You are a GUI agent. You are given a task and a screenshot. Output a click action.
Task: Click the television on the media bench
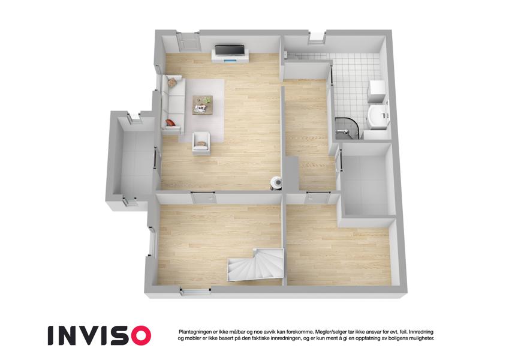[x=230, y=50]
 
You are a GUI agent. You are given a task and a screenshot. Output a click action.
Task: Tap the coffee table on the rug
[x=203, y=104]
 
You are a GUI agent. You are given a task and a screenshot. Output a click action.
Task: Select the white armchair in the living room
[x=201, y=143]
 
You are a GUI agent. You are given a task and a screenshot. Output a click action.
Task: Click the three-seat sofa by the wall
[x=173, y=104]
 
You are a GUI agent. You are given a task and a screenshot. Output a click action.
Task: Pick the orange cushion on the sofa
[x=170, y=122]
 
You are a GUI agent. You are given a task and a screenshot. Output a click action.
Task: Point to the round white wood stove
[x=276, y=182]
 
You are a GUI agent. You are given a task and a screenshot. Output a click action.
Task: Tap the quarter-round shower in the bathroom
[x=347, y=128]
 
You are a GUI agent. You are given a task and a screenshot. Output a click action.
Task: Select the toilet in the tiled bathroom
[x=378, y=116]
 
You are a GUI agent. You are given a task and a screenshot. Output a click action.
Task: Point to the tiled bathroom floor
[x=353, y=85]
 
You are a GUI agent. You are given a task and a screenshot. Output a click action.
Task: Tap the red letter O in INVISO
[x=139, y=335]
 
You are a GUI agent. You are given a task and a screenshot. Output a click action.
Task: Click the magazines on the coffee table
[x=201, y=109]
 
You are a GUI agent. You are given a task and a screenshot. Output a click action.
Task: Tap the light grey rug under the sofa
[x=202, y=110]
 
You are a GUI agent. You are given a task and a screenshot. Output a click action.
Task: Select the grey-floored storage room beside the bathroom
[x=367, y=184]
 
